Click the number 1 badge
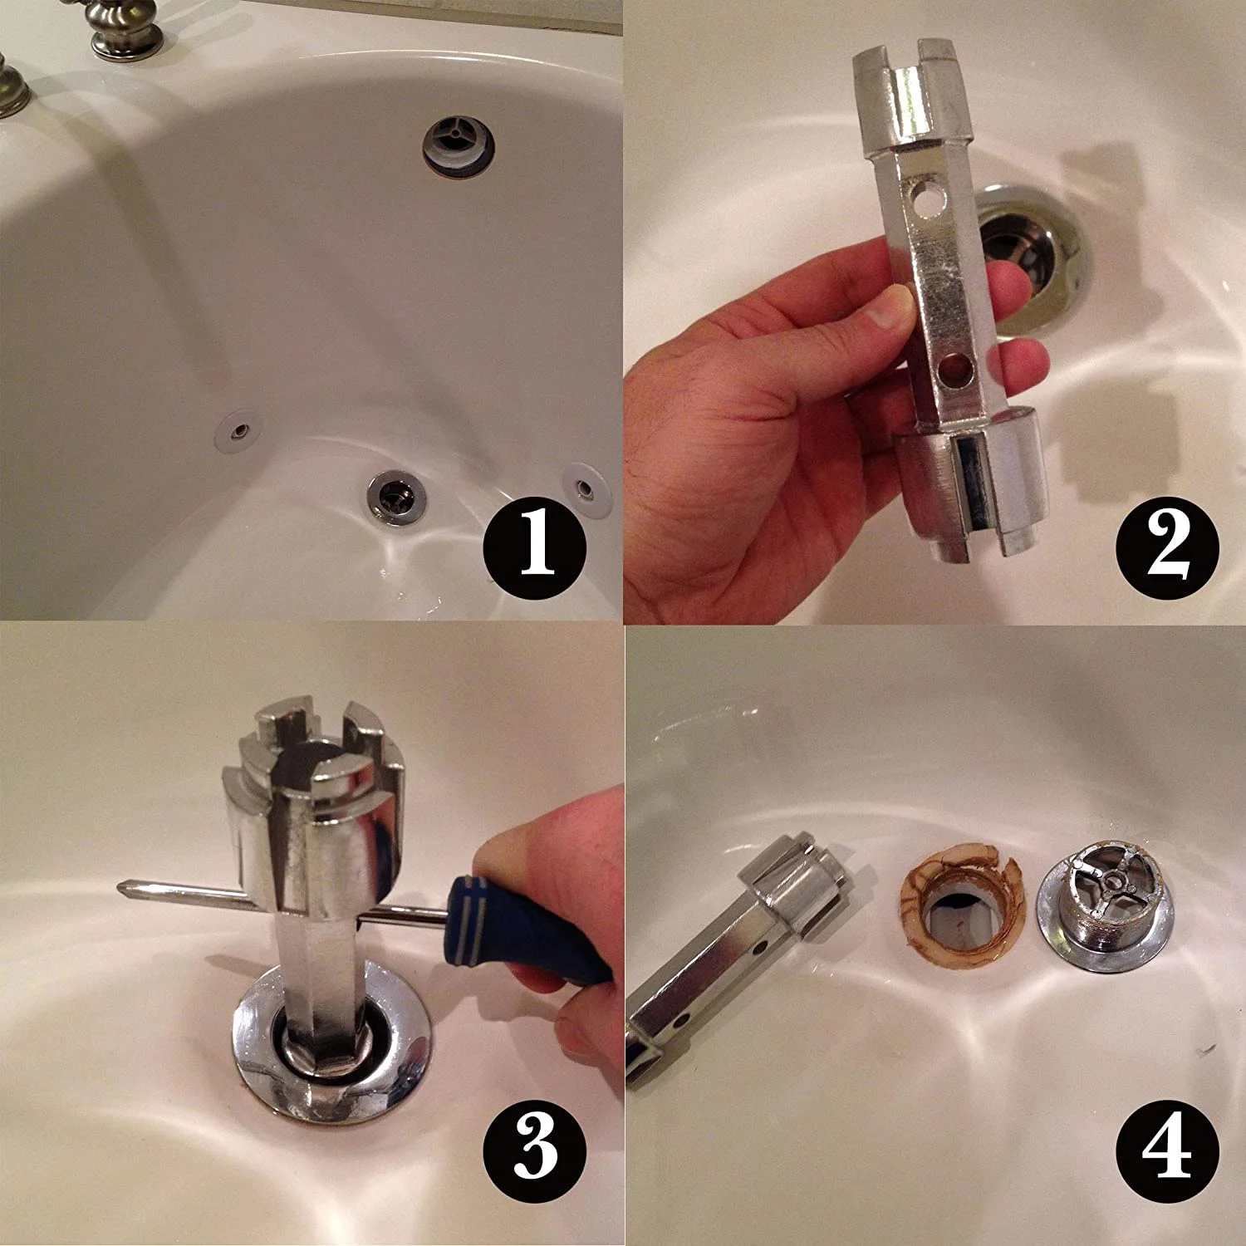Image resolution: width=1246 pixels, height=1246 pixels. point(535,548)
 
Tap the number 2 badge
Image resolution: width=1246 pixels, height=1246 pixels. point(1166,548)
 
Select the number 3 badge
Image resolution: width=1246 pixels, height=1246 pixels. point(535,1150)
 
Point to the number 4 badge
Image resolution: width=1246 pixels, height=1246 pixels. point(1166,1150)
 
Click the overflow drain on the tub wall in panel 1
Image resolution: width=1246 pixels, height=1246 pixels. point(458,146)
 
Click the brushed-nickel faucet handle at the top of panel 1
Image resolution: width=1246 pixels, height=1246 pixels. point(125,29)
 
